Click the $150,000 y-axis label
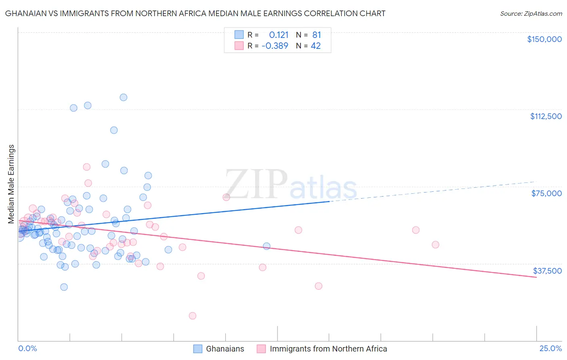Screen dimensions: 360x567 point(544,39)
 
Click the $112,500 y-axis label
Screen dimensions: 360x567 point(546,116)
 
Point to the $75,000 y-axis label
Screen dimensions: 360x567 point(546,193)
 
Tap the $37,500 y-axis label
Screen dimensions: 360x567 point(547,271)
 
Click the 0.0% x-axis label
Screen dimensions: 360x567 point(27,348)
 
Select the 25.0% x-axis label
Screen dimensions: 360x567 point(550,348)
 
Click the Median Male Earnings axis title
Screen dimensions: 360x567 point(11,184)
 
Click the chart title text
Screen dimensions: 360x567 point(195,13)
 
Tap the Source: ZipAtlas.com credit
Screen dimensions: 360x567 point(531,13)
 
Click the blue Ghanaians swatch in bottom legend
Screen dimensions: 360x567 point(198,349)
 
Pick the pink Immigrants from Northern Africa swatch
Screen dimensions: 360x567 point(261,349)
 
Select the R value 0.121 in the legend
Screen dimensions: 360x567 point(279,35)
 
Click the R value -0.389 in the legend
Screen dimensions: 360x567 point(275,46)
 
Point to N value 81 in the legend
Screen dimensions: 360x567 point(316,35)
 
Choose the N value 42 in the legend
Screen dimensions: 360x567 point(315,46)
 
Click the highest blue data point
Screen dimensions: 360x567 point(123,97)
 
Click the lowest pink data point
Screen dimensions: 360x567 point(192,316)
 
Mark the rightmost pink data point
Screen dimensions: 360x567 point(435,245)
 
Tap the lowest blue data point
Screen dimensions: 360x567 point(64,287)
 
